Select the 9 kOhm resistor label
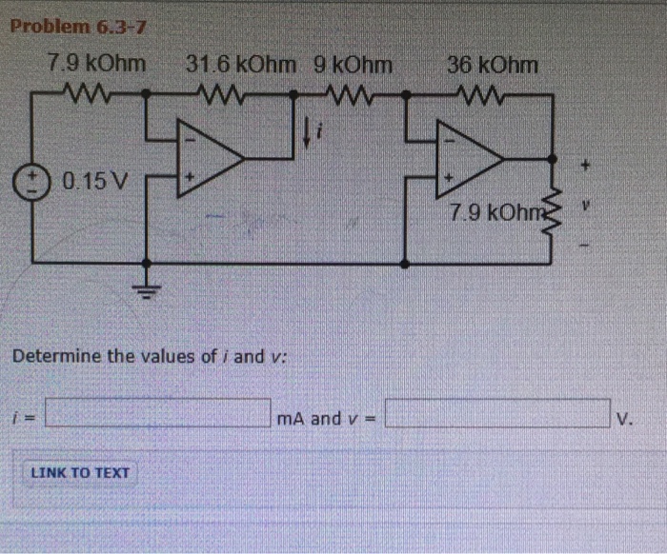point(353,66)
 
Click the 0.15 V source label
point(99,180)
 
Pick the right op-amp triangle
point(468,153)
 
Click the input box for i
point(157,417)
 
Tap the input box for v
point(495,417)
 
